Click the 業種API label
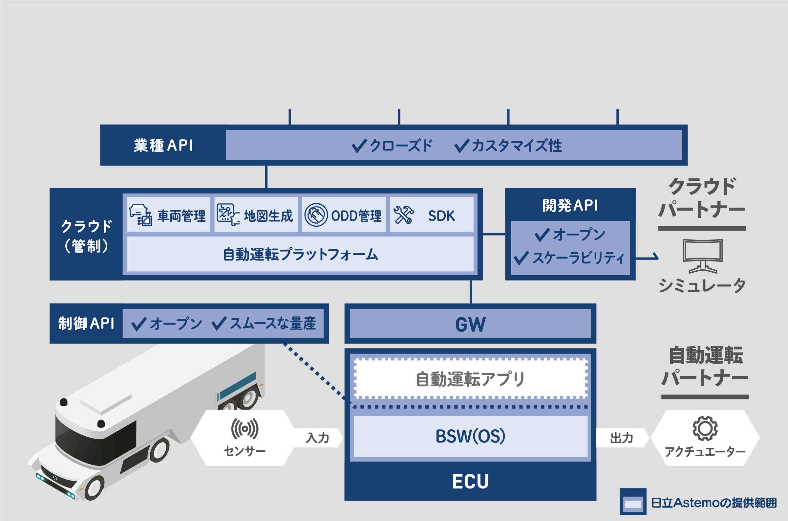coord(163,146)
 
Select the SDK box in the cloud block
coord(432,214)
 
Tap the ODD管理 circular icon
coord(316,215)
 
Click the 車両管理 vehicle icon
coord(141,215)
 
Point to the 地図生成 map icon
coord(228,215)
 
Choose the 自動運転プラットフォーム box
coord(300,254)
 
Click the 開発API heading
coord(570,205)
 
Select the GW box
coord(470,324)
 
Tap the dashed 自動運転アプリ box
coord(470,379)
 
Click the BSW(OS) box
coord(470,436)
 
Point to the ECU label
coord(470,481)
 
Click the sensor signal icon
coord(245,429)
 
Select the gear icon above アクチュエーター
coord(705,429)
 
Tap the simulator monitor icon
coord(702,256)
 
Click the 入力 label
coord(317,438)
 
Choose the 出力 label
coord(621,438)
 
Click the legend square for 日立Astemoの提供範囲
coord(633,501)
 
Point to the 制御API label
coord(86,323)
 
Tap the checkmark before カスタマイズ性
coord(462,146)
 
